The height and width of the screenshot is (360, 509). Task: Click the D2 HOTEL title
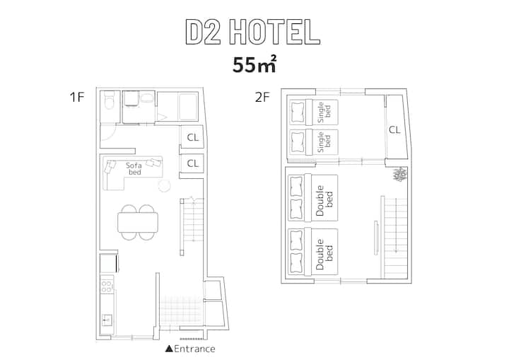pos(253,32)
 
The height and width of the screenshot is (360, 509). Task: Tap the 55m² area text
pos(255,64)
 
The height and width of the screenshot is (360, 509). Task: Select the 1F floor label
pos(77,97)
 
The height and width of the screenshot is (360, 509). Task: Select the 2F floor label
pos(262,97)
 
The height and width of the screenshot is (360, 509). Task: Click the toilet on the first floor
pos(109,100)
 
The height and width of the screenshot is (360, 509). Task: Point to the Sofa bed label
pos(134,168)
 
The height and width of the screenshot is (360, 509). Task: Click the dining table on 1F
pos(138,222)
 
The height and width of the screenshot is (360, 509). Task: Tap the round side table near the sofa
pos(164,186)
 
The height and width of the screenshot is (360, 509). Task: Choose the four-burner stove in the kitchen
pos(107,286)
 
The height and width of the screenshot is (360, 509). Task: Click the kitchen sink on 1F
pos(107,320)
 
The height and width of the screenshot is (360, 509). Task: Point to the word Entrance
pos(194,349)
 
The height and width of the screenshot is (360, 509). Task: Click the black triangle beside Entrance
pos(169,349)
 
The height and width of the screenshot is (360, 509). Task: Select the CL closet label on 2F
pos(394,130)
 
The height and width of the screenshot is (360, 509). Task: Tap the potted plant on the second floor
pos(400,174)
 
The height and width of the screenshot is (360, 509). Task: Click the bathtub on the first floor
pos(188,107)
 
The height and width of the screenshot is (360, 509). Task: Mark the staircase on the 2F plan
pos(394,237)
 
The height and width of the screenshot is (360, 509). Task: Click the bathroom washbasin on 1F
pos(147,98)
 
